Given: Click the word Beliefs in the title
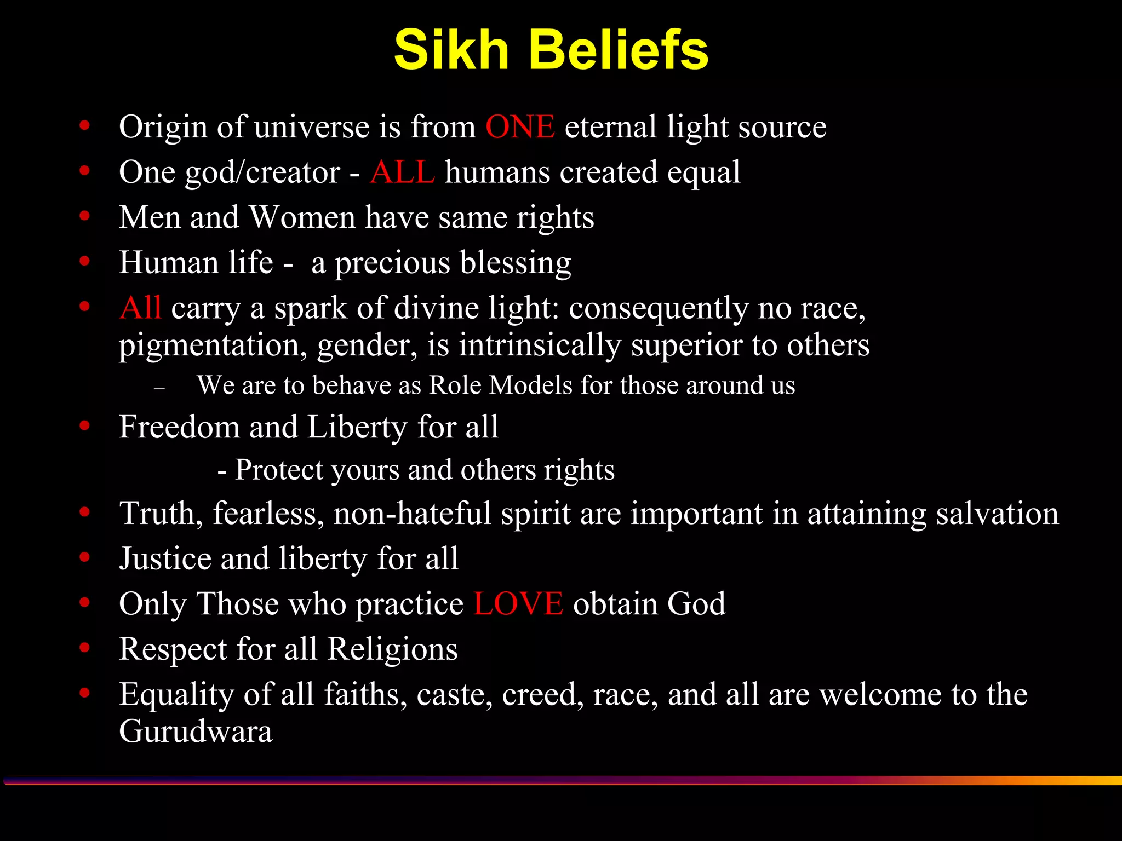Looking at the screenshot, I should point(619,50).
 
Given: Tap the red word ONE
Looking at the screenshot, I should point(520,127).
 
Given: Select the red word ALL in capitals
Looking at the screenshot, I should point(402,172).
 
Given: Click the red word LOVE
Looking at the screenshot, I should point(518,604).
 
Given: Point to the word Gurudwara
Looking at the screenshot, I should point(196,731).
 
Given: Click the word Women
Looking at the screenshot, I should point(302,218).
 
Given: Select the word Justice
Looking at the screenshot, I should point(165,559).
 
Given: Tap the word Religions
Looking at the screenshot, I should point(392,650).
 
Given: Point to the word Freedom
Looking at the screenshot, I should point(179,428).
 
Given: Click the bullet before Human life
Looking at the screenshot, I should point(84,261).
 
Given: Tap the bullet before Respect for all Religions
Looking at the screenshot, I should point(84,648).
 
